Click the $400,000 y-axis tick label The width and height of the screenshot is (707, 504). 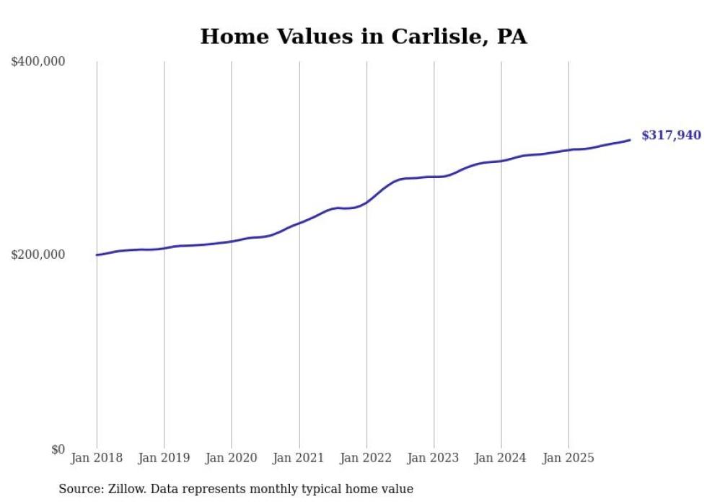[38, 62]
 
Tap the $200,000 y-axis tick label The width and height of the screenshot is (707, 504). [38, 255]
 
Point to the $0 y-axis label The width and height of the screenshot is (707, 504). [58, 449]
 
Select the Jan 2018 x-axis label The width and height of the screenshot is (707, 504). [97, 458]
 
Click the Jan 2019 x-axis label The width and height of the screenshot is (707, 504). [164, 458]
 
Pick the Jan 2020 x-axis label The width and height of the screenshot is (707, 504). [232, 458]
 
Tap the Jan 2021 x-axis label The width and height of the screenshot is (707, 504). [299, 458]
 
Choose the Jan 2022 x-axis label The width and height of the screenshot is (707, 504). [366, 458]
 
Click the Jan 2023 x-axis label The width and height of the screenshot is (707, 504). [434, 458]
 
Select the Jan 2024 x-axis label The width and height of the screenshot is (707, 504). [501, 458]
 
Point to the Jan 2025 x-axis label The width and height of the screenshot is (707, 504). [569, 458]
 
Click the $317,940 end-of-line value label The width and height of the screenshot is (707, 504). [670, 136]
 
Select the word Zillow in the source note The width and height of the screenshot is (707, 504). [128, 489]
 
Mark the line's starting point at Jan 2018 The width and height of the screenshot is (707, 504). [97, 255]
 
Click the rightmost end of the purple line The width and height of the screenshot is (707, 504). [630, 140]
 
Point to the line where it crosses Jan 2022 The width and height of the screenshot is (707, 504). [366, 202]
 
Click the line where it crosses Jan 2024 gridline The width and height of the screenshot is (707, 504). [501, 160]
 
